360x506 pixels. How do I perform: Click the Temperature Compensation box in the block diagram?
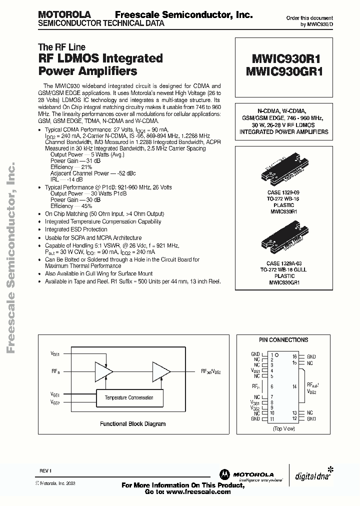point(129,397)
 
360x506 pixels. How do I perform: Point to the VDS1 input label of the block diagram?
point(55,354)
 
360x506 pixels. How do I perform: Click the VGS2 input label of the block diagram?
point(55,402)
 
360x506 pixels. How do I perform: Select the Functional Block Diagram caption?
point(132,423)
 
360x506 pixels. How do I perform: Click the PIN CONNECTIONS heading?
point(284,340)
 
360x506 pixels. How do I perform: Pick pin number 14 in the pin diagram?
point(294,386)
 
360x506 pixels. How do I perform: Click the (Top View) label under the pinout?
point(283,428)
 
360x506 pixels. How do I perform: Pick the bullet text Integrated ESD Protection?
point(76,229)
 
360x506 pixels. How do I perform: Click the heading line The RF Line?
point(62,47)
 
